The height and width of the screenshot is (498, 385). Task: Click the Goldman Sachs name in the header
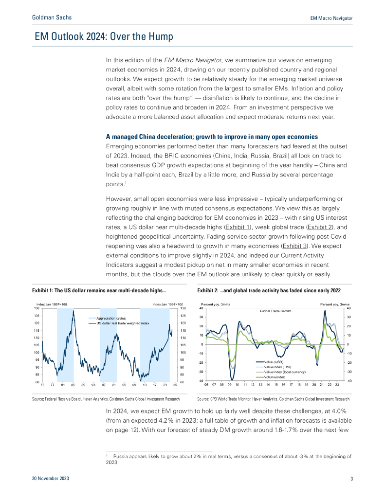[x=51, y=18]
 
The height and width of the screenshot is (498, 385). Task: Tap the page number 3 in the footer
[x=351, y=479]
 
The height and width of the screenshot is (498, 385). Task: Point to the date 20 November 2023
[x=51, y=479]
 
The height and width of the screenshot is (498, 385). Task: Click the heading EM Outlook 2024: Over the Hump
[x=104, y=37]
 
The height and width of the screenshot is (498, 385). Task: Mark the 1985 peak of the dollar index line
[x=73, y=310]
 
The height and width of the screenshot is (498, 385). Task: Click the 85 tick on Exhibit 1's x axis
[x=73, y=385]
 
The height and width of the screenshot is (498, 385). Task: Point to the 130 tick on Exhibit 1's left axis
[x=37, y=308]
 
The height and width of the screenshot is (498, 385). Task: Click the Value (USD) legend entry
[x=274, y=362]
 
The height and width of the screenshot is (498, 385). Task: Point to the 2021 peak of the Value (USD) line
[x=325, y=311]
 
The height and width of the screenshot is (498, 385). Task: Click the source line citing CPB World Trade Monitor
[x=273, y=399]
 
